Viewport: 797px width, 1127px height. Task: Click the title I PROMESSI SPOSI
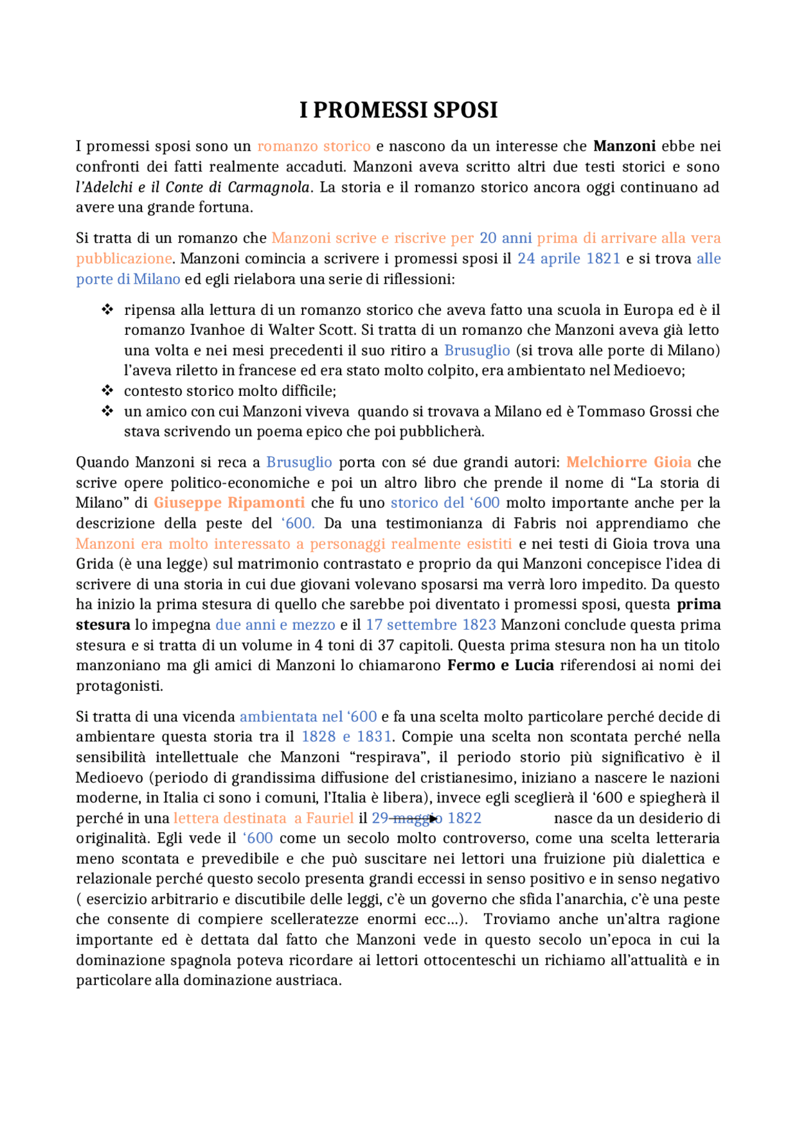398,110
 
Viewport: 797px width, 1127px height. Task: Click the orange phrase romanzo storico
314,146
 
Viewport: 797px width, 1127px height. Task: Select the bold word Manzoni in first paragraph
624,146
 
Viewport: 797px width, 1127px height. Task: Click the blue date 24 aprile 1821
568,258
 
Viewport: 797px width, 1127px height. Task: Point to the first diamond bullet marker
107,309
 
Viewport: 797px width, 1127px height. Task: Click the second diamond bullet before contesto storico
107,391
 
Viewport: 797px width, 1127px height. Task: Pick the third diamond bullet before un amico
107,411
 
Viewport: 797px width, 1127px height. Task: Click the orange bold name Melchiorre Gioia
628,462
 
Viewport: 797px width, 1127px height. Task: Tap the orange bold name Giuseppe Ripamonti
229,502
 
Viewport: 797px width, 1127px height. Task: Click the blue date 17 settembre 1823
430,624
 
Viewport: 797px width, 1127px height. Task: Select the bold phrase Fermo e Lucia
500,665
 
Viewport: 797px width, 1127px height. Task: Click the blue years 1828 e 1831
346,736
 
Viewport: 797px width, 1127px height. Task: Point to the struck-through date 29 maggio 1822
426,818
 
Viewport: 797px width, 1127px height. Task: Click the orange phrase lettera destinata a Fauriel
263,818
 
